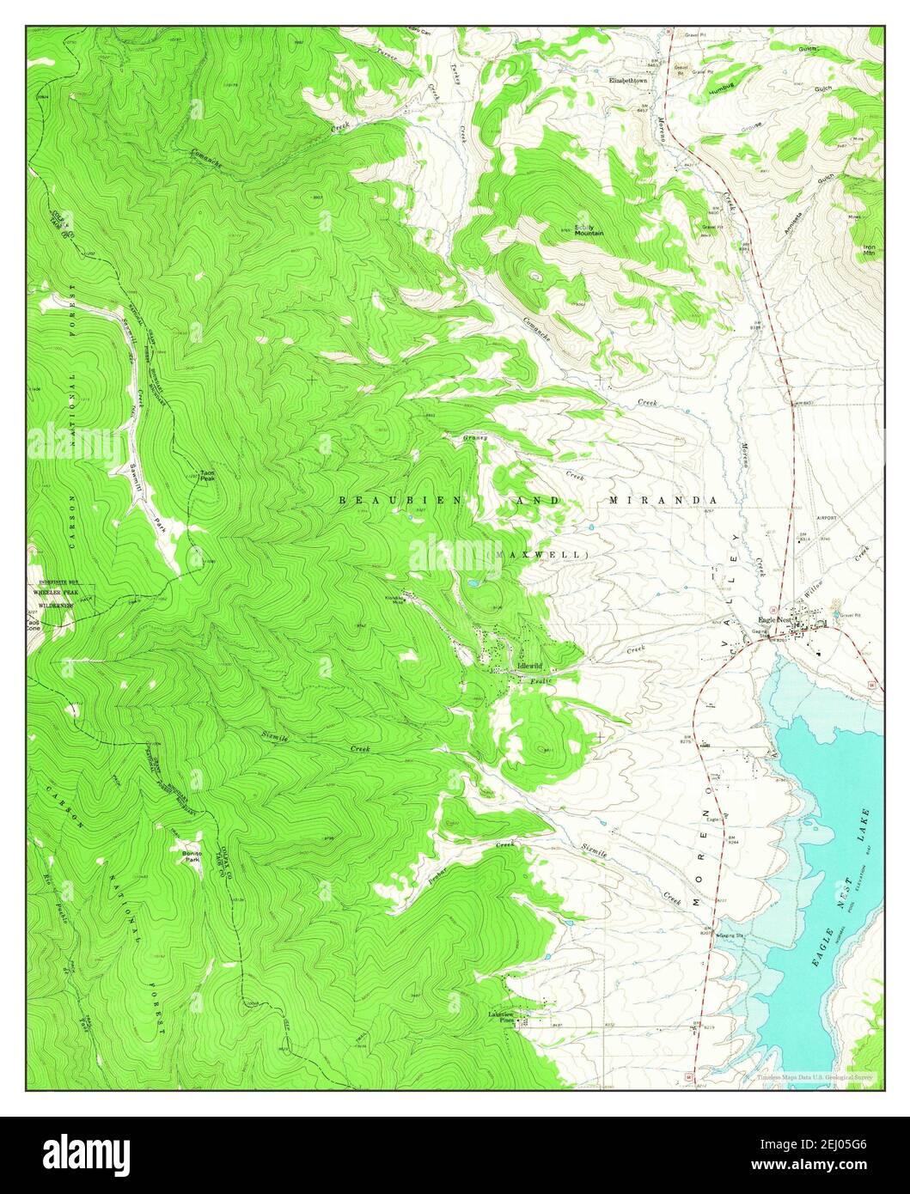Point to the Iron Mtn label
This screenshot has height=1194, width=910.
(x=870, y=250)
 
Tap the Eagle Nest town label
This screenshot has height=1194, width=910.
(x=773, y=619)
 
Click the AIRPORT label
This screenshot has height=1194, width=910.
(x=827, y=519)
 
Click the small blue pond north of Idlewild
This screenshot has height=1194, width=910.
(x=473, y=583)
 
